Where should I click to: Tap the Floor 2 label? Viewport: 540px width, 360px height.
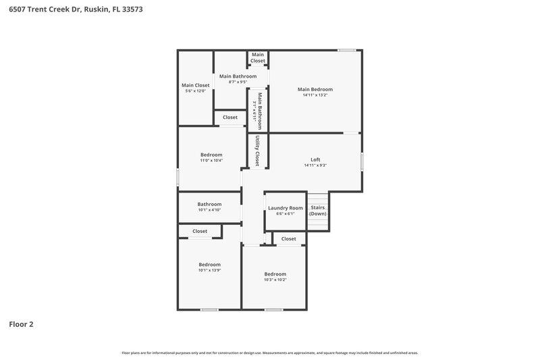tap(21, 324)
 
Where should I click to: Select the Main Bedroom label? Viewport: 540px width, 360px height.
tap(315, 89)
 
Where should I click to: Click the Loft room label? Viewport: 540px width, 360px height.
tap(315, 159)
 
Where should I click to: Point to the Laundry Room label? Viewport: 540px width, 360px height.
tap(286, 208)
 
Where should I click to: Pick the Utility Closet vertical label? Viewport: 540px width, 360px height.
tap(257, 151)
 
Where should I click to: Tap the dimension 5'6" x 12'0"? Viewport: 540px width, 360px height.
tap(196, 91)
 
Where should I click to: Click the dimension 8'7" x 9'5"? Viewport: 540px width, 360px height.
tap(235, 82)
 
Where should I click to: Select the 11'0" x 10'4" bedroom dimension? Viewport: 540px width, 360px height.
tap(211, 161)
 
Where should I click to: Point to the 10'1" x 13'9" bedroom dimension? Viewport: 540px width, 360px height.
tap(209, 270)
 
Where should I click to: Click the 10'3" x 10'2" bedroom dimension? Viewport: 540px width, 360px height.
tap(275, 280)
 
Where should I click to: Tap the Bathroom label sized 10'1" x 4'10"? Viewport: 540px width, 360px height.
tap(209, 204)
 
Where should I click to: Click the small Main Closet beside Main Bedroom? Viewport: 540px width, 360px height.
tap(258, 57)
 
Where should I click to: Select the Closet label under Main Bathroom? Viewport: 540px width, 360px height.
tap(230, 118)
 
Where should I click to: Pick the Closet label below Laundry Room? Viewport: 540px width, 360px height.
tap(288, 238)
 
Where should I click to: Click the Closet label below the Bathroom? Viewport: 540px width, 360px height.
tap(200, 231)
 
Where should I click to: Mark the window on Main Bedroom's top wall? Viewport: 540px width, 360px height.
tap(347, 50)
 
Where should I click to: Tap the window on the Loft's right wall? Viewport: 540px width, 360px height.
tap(362, 161)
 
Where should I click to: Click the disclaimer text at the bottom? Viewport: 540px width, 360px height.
tap(270, 353)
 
